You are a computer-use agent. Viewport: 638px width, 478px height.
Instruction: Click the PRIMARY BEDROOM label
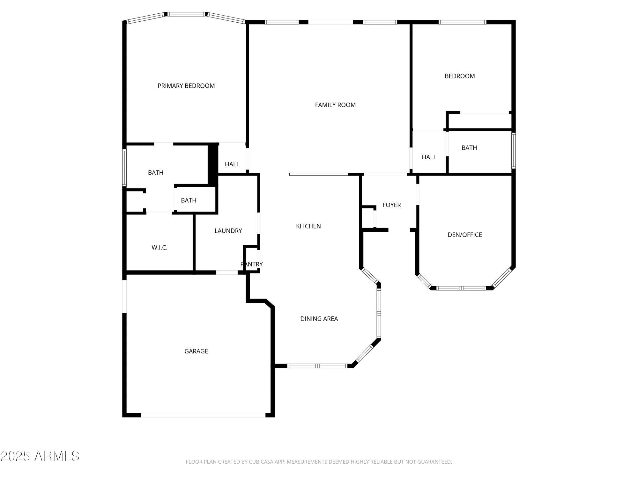tap(186, 86)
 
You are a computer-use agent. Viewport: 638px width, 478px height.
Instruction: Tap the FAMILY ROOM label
tap(335, 105)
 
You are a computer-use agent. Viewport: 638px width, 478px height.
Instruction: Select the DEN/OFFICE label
tap(464, 235)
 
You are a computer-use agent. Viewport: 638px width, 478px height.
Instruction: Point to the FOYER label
tap(391, 205)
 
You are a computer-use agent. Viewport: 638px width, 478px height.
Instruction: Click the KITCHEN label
tap(308, 226)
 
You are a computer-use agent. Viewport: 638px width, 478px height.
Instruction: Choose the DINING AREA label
tap(319, 319)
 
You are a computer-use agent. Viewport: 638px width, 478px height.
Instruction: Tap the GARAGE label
tap(196, 351)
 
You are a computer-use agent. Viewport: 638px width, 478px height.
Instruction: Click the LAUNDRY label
tap(228, 231)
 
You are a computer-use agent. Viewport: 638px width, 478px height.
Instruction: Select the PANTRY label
tap(251, 264)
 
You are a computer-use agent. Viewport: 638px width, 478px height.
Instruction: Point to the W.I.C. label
tap(159, 248)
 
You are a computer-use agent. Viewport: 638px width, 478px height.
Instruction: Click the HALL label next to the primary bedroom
tap(232, 164)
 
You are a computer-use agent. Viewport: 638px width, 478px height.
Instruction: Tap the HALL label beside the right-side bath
tap(429, 157)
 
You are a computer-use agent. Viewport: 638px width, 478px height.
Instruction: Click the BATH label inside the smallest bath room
tap(189, 200)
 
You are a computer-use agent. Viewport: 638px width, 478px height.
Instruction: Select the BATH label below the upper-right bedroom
tap(469, 148)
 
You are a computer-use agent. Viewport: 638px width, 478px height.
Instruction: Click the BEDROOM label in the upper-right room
tap(459, 76)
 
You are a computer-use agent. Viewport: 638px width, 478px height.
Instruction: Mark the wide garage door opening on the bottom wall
tap(203, 415)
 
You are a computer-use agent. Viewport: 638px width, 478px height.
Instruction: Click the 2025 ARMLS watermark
tap(40, 456)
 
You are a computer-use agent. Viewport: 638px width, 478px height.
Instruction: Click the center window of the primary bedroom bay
tap(186, 14)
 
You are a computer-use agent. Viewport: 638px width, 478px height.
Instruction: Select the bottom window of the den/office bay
tap(461, 288)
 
